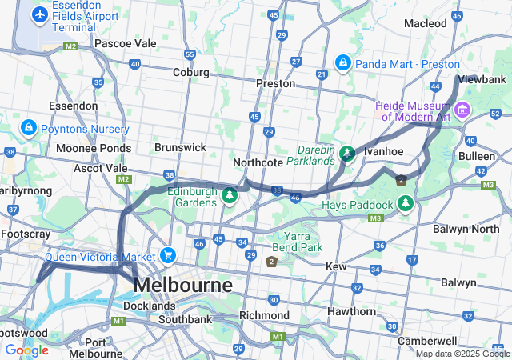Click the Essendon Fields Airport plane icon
[38, 14]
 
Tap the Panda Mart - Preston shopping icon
[342, 62]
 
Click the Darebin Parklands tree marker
[347, 153]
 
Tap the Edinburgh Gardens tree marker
[230, 194]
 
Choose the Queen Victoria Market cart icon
[167, 255]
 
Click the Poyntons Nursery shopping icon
[28, 127]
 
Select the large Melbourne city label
[183, 285]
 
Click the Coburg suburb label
[191, 72]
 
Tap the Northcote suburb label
[258, 162]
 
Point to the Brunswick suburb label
[180, 147]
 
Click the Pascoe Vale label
[125, 42]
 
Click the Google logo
[26, 350]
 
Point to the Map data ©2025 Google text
[462, 354]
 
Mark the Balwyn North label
[466, 230]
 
